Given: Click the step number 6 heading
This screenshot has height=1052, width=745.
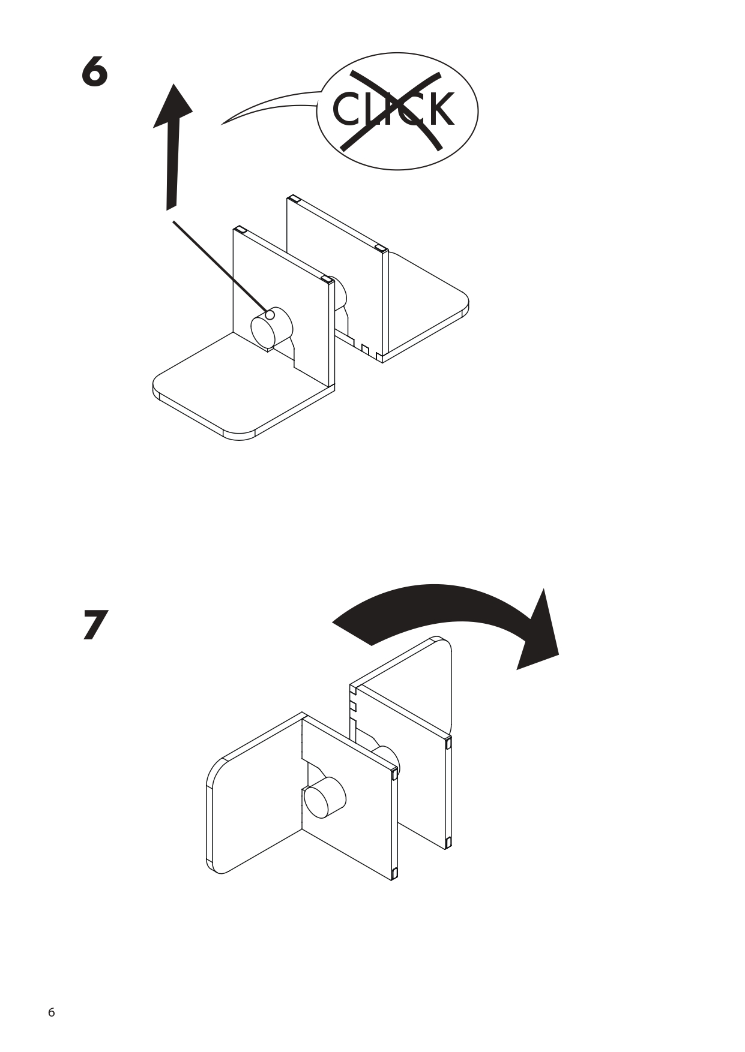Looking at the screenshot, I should pyautogui.click(x=95, y=72).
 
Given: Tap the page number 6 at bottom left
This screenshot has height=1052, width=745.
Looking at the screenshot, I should pyautogui.click(x=51, y=1012).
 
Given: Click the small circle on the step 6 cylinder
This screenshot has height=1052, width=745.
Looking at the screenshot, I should pyautogui.click(x=270, y=315).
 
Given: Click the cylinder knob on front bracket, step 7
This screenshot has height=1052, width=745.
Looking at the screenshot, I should pyautogui.click(x=324, y=798).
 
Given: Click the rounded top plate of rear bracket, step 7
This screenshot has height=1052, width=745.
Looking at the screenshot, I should pyautogui.click(x=414, y=684).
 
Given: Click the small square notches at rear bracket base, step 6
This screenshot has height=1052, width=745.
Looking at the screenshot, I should pyautogui.click(x=366, y=348).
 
